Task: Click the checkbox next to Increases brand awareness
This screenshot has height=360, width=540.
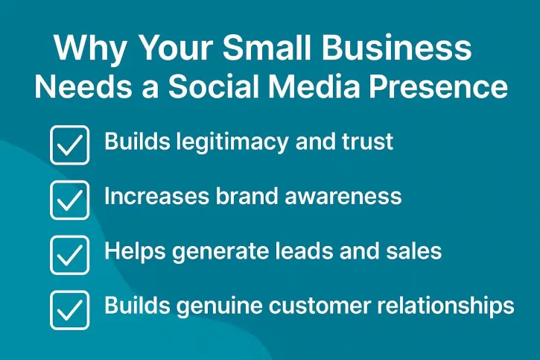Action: [69, 200]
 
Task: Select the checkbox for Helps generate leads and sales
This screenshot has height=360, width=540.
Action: [69, 255]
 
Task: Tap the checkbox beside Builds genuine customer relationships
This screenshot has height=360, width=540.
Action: [69, 310]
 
